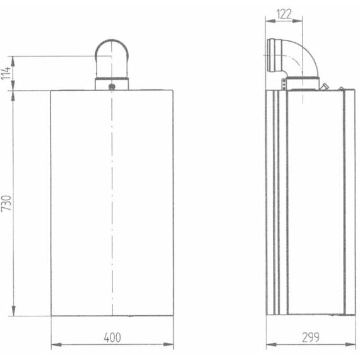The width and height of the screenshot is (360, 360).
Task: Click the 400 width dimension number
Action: tap(112, 338)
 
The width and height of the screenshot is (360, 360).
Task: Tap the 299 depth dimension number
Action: tap(310, 338)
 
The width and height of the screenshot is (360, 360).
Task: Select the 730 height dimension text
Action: tap(6, 203)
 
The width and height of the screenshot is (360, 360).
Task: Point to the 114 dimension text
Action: tap(6, 73)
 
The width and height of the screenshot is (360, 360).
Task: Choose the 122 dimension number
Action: tap(284, 15)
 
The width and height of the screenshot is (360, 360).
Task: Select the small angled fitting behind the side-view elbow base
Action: tap(324, 86)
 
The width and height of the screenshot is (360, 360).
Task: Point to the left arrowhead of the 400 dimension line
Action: tap(54, 345)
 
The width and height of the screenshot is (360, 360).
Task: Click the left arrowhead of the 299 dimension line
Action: tap(269, 345)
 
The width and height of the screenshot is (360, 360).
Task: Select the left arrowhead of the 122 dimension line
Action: tap(268, 21)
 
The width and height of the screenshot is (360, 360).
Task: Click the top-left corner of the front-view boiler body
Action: tap(51, 90)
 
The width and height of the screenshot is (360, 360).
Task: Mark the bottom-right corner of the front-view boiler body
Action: tap(173, 316)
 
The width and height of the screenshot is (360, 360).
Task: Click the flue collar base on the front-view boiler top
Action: tap(112, 85)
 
